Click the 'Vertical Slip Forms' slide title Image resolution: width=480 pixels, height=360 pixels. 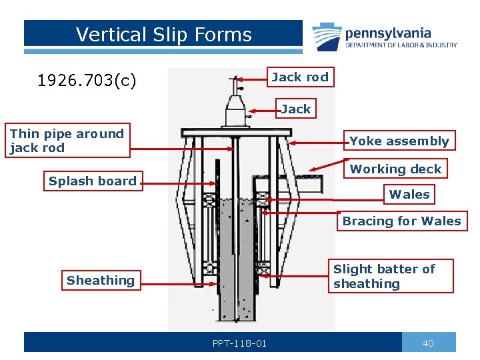(163, 35)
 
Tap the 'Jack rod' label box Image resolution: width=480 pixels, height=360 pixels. (299, 77)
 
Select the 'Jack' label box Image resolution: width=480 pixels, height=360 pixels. (296, 109)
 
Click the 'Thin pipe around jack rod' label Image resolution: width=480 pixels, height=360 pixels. (67, 141)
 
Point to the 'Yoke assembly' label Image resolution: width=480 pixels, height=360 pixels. (399, 141)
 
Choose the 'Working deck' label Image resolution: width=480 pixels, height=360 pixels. (395, 169)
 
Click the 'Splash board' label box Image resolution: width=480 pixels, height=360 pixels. (92, 181)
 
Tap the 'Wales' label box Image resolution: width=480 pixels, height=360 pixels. (409, 195)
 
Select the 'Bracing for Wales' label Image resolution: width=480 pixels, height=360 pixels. (401, 221)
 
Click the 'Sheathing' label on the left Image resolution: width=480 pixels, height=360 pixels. (100, 281)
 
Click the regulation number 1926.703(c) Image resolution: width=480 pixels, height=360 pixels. (87, 81)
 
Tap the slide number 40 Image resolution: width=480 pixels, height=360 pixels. (428, 343)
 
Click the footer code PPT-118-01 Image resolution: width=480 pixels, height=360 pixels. (239, 343)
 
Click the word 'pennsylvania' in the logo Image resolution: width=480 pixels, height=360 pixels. (388, 33)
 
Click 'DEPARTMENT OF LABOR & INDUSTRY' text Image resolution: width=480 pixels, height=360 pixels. (401, 45)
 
